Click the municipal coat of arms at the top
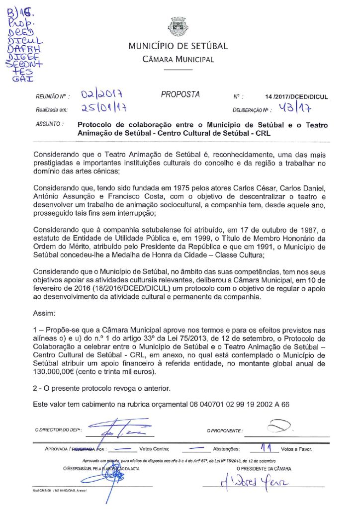coord(178,27)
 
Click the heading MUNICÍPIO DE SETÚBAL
coord(178,46)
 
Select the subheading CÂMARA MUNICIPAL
coord(178,60)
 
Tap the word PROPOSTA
coord(180,94)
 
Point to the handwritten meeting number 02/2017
coord(102,94)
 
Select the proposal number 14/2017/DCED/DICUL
coord(297,97)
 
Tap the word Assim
coord(44,314)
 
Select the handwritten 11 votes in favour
coord(268,448)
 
